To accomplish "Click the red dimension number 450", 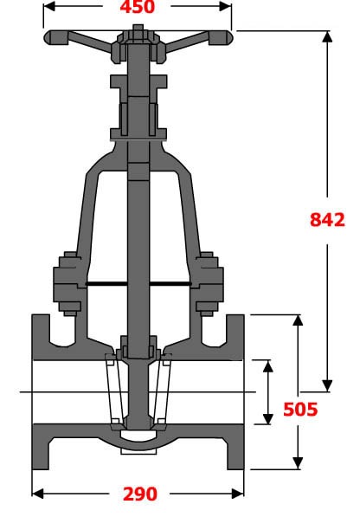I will (137, 8).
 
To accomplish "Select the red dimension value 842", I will (327, 220).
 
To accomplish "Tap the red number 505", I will (299, 409).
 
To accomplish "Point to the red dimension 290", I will (138, 494).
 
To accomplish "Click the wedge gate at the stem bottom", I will (138, 394).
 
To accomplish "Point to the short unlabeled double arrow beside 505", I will (267, 392).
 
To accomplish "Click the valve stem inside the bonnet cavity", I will (138, 225).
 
